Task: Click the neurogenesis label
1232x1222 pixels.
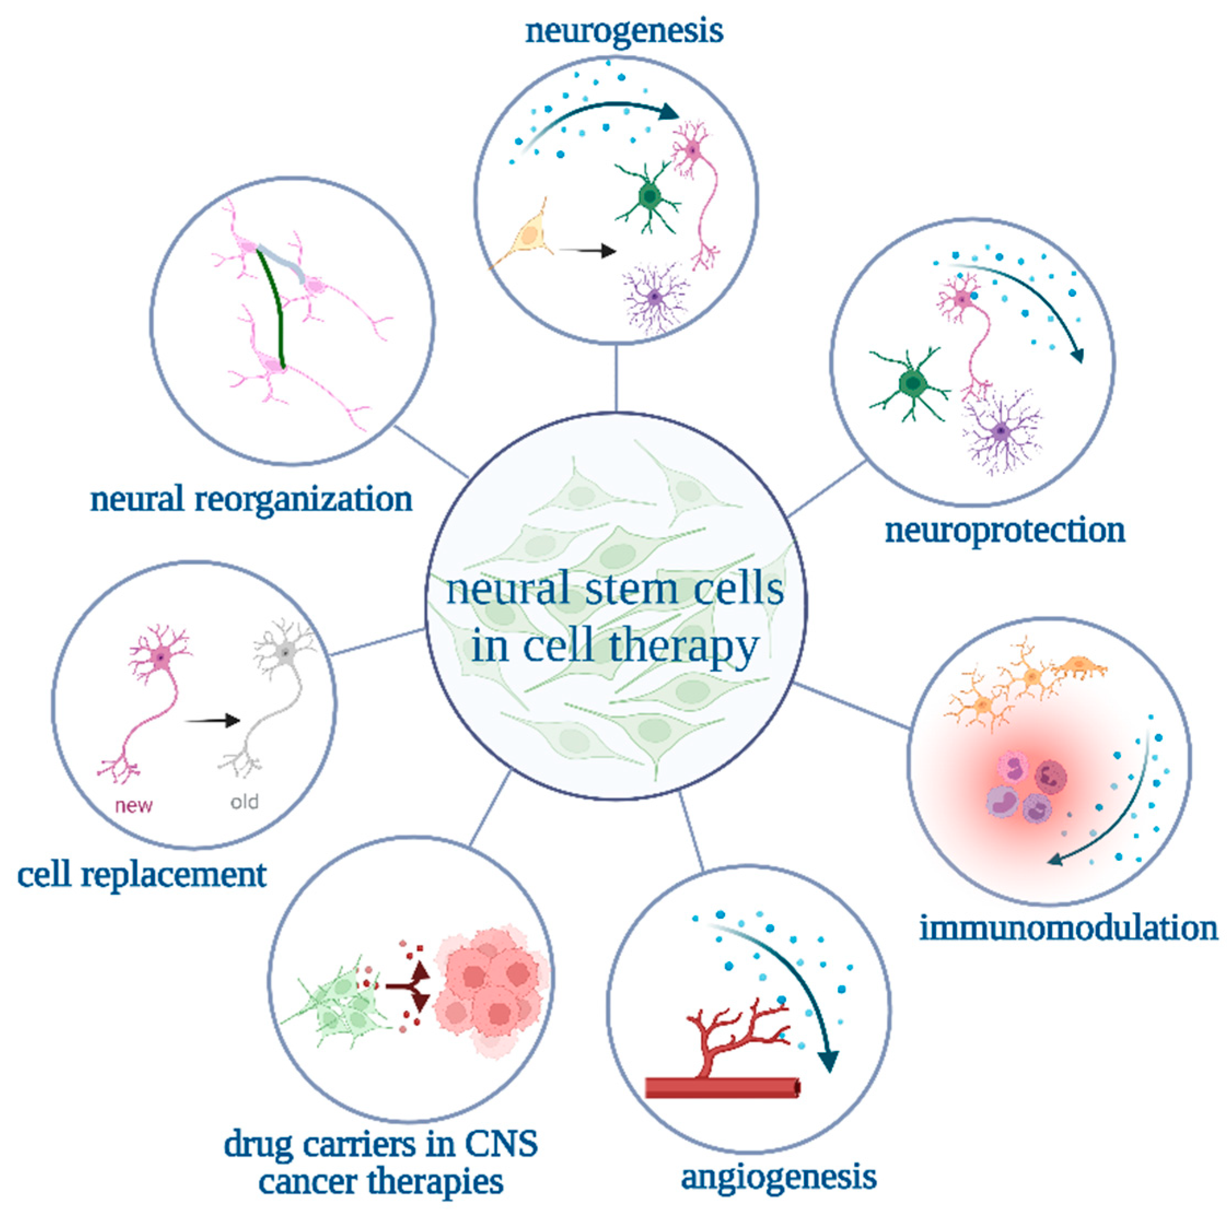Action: tap(623, 31)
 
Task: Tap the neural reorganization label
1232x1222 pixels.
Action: tap(251, 499)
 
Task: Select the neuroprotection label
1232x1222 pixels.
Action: tap(1005, 530)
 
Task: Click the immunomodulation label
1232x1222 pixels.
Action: tap(1068, 929)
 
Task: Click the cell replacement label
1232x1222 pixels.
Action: tap(142, 874)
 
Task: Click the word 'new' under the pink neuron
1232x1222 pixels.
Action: tap(134, 806)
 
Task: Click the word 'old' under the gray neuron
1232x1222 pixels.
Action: tap(244, 802)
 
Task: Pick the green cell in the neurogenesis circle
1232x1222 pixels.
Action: tap(649, 196)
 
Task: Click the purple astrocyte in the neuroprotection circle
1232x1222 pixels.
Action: tap(1001, 432)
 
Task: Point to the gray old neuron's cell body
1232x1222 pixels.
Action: tap(287, 653)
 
